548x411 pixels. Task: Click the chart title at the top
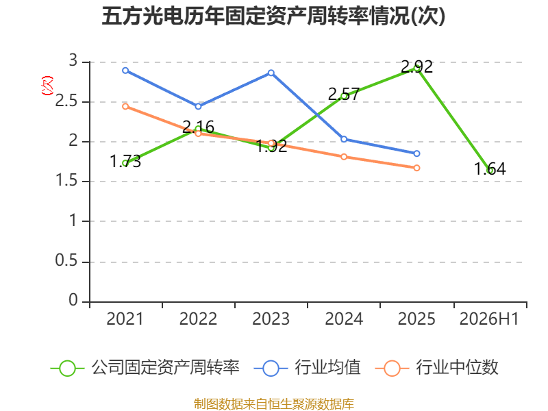[273, 16]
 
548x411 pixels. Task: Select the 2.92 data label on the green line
[416, 66]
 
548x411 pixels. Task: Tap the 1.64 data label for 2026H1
[490, 169]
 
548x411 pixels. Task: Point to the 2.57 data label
[344, 94]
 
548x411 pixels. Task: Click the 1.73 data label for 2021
[125, 162]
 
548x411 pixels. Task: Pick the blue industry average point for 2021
[125, 71]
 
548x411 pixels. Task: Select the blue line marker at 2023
[271, 73]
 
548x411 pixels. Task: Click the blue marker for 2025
[416, 153]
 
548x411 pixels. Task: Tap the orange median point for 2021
[125, 106]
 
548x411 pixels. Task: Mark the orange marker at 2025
[416, 168]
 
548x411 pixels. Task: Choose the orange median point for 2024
[344, 157]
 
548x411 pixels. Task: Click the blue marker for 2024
[344, 139]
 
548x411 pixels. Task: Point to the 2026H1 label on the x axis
[489, 319]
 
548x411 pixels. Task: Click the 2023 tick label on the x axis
[271, 319]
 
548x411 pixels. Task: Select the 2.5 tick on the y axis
[66, 101]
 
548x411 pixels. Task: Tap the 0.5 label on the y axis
[66, 261]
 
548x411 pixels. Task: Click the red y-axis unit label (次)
[47, 86]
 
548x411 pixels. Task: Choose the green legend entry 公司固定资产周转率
[145, 368]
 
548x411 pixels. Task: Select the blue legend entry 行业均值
[307, 368]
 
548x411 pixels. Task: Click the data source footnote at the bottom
[274, 404]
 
